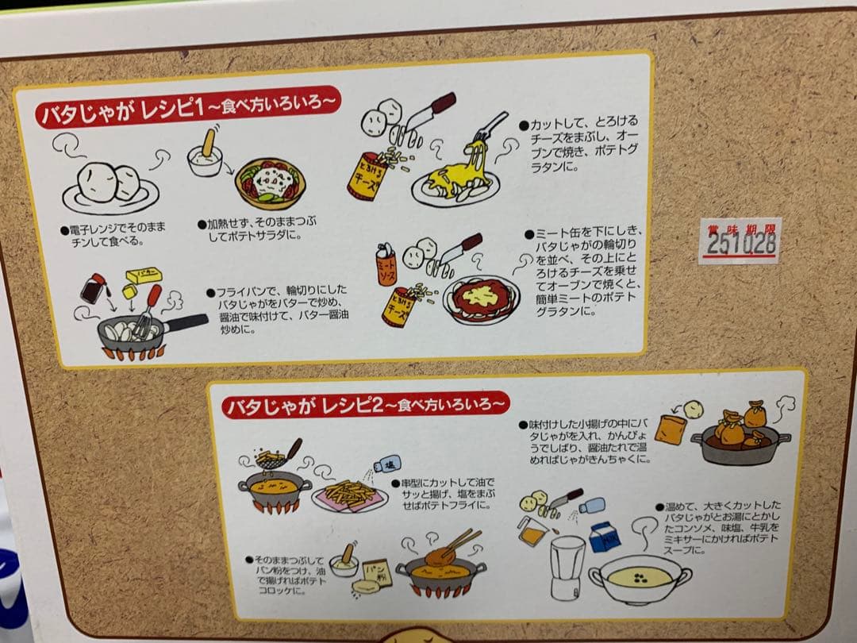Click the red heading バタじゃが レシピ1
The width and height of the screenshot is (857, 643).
coord(118,110)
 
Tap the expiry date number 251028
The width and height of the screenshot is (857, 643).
coord(741,244)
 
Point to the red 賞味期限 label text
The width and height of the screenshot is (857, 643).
coord(740,229)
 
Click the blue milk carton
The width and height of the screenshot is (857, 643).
coord(603,537)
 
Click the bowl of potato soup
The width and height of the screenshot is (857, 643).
coord(640,579)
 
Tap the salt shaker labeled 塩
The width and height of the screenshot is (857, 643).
coord(388,464)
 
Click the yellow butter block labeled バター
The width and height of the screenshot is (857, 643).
coord(144,275)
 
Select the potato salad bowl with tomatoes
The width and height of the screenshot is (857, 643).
coord(270,183)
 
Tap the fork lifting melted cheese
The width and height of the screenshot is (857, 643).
coord(488,129)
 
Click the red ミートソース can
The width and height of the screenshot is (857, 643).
coord(386,265)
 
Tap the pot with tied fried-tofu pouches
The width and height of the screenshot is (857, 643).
coord(740,438)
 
